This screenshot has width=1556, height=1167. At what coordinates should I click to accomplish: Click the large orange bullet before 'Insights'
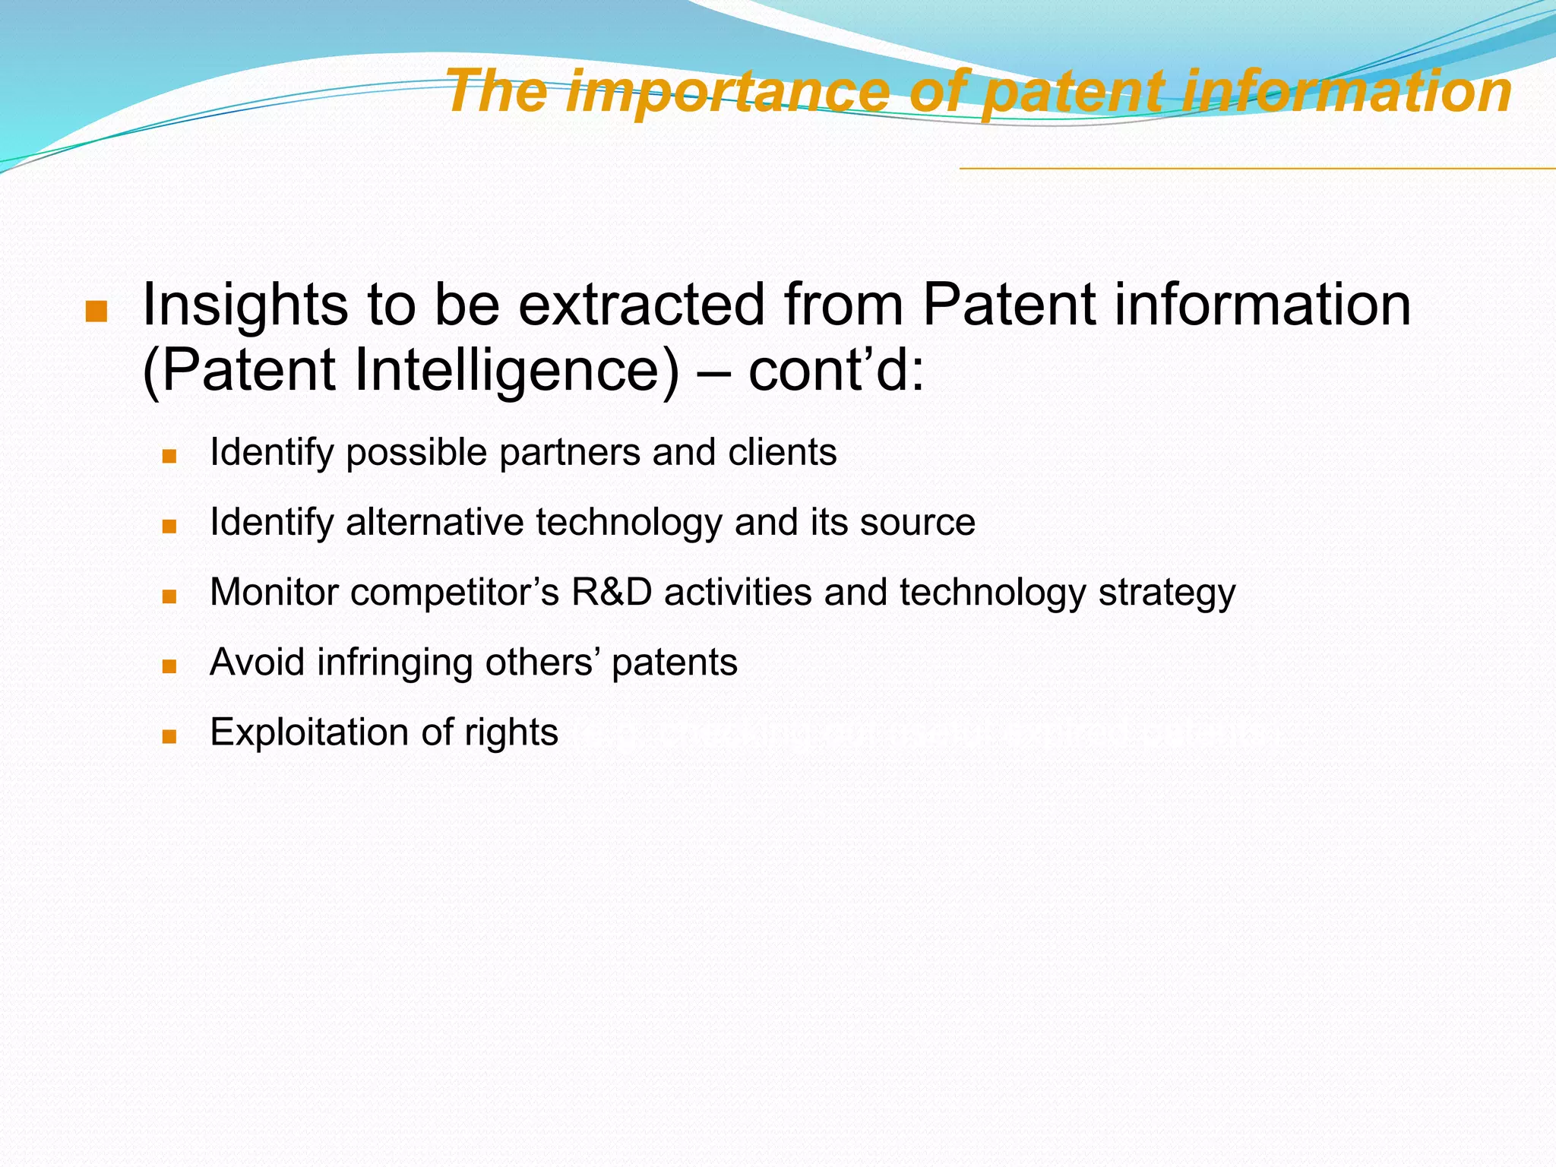[96, 312]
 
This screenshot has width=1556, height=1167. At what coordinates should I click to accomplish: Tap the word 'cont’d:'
[836, 371]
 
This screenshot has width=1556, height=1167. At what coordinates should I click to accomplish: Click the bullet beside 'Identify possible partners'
[169, 457]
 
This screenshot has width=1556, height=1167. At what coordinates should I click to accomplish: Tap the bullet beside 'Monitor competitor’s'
[169, 596]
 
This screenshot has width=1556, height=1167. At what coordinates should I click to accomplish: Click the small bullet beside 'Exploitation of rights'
[169, 736]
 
